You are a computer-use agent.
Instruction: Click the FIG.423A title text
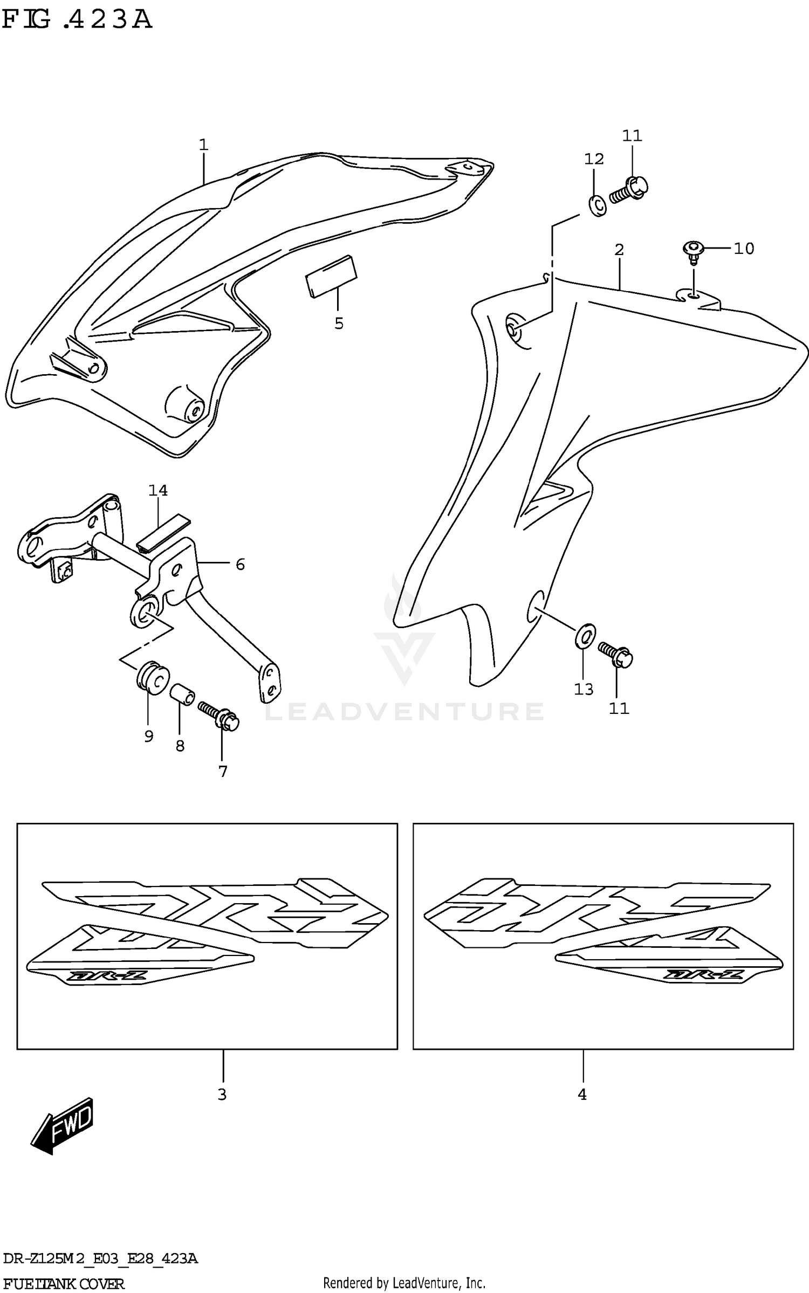click(x=77, y=20)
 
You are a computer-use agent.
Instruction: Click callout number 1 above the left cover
click(x=203, y=145)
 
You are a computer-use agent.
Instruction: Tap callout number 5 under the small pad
click(x=339, y=324)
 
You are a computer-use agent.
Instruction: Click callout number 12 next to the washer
click(x=594, y=159)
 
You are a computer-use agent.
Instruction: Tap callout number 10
click(x=744, y=249)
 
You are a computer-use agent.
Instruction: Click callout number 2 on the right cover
click(x=619, y=250)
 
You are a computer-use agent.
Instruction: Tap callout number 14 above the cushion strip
click(x=158, y=491)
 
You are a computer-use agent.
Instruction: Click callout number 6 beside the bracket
click(x=240, y=565)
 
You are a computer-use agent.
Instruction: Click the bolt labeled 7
click(x=218, y=714)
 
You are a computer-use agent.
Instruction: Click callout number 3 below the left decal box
click(x=222, y=1095)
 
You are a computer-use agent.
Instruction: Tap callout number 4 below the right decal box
click(x=582, y=1095)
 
